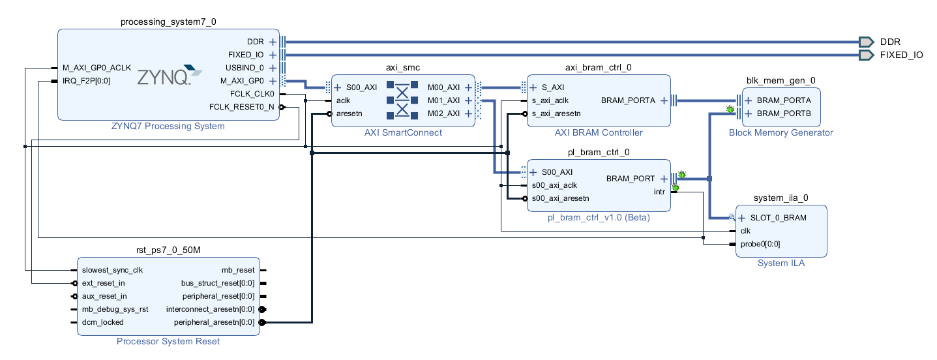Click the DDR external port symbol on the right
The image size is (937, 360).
[x=865, y=41]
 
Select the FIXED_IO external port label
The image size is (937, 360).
[x=901, y=55]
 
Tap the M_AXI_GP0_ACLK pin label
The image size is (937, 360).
[x=97, y=68]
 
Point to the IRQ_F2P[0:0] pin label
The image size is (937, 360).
[x=86, y=81]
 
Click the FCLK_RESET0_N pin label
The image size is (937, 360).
[x=241, y=107]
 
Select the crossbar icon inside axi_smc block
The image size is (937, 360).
[x=402, y=100]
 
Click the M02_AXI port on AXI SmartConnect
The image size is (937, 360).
[x=444, y=113]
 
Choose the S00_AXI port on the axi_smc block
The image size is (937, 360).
[x=361, y=87]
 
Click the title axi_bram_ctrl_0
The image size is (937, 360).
[x=598, y=67]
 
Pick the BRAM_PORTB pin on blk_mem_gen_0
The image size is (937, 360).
[x=783, y=113]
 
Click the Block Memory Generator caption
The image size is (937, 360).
[x=781, y=132]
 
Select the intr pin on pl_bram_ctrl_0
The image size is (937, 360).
[x=659, y=192]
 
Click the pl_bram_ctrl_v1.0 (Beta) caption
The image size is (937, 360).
[x=598, y=218]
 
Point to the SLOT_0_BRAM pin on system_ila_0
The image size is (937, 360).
[x=778, y=218]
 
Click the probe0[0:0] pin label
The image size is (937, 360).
[x=760, y=244]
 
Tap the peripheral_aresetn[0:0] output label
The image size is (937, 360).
[x=214, y=322]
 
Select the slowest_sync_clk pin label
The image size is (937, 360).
[x=112, y=270]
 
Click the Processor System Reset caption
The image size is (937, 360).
[x=168, y=341]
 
